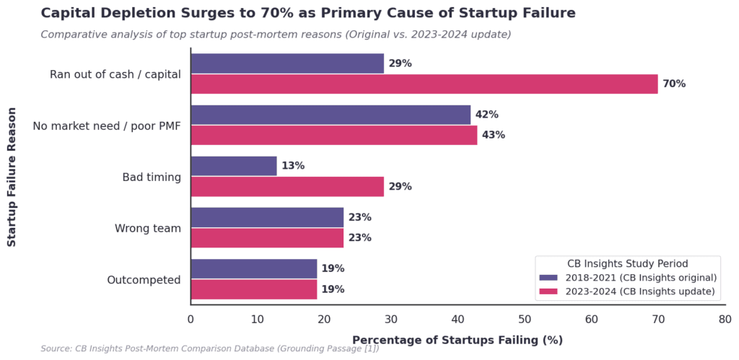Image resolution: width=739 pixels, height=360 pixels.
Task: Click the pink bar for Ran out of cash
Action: point(424,84)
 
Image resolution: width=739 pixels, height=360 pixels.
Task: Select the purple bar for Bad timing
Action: point(234,167)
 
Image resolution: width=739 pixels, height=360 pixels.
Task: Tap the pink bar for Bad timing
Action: point(287,187)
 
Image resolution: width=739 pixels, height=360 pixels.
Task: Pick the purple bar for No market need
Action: point(331,115)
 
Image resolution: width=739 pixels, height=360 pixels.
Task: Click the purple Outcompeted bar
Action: point(254,268)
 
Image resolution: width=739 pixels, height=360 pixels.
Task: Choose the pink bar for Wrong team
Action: point(267,238)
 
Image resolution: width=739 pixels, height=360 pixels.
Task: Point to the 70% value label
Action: point(674,84)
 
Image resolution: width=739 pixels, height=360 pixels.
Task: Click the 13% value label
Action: point(293,167)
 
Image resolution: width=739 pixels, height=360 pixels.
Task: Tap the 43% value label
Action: point(494,135)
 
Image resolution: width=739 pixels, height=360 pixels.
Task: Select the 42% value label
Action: point(487,115)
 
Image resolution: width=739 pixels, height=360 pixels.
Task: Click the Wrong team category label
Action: point(147,229)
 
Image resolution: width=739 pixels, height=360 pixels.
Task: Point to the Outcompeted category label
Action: point(144,280)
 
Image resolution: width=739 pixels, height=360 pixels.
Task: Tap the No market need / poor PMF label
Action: point(107,126)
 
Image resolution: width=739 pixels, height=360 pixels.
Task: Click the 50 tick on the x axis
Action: point(525,320)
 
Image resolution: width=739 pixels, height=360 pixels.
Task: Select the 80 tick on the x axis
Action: point(725,320)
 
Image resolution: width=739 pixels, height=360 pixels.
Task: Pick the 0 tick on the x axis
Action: point(191,320)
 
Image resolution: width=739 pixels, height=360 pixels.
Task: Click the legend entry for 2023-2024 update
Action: point(627,291)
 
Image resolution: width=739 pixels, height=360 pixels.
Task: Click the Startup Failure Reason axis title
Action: point(12,177)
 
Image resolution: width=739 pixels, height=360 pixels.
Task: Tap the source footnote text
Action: point(210,349)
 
